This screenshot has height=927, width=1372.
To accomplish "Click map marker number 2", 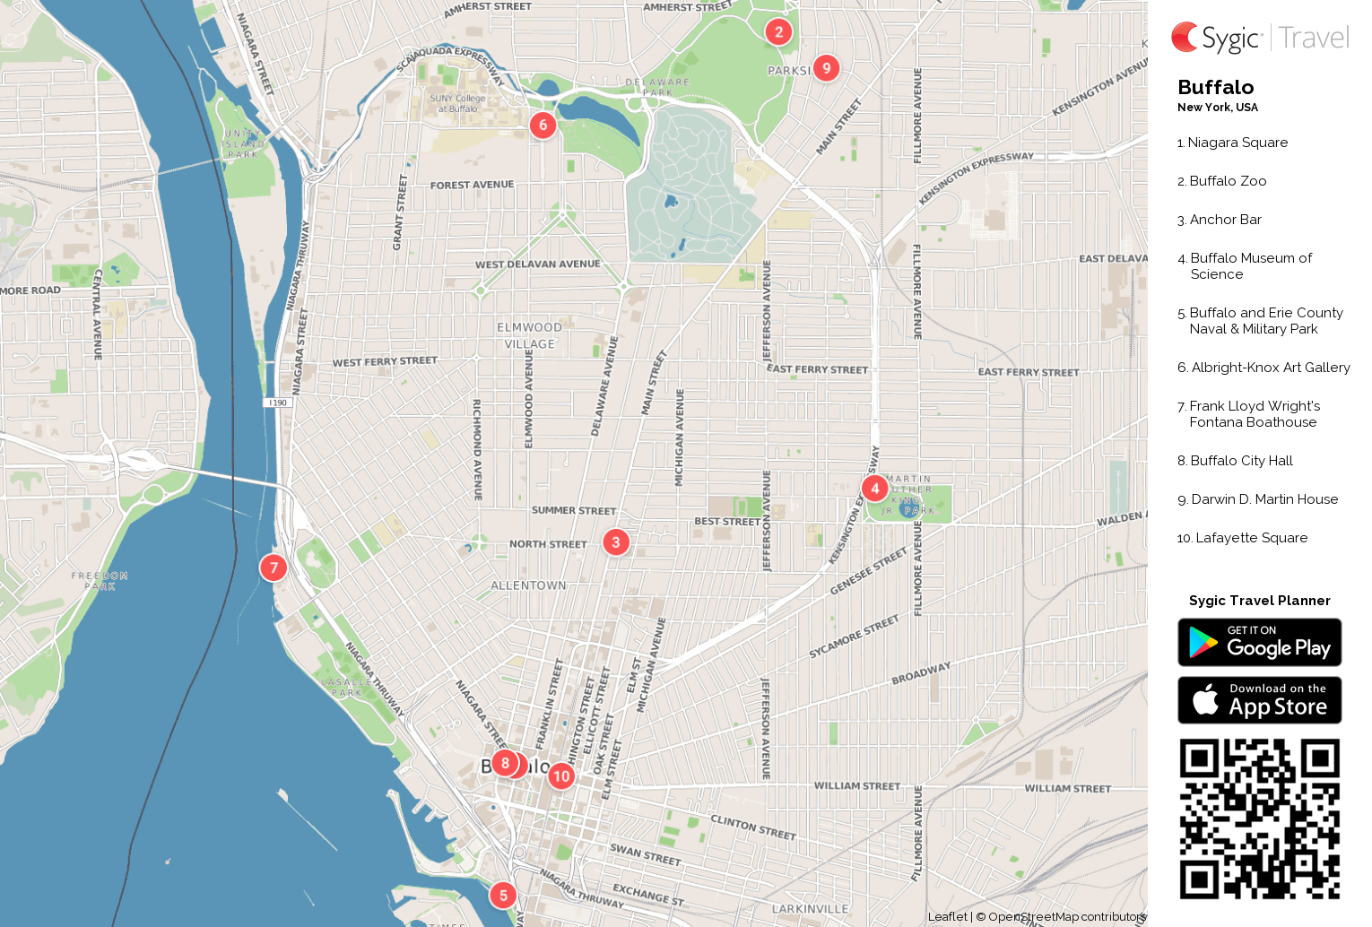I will pyautogui.click(x=778, y=32).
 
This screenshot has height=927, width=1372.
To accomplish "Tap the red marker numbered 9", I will pyautogui.click(x=826, y=68).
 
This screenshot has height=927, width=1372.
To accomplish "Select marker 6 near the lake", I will pyautogui.click(x=543, y=126).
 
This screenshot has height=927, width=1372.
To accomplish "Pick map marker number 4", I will pyautogui.click(x=874, y=489).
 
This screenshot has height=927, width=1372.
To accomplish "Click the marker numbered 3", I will pyautogui.click(x=615, y=542).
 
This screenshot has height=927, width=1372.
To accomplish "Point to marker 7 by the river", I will pyautogui.click(x=274, y=567).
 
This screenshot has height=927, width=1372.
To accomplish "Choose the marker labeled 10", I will pyautogui.click(x=561, y=776).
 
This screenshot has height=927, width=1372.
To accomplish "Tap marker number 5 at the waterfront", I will pyautogui.click(x=503, y=895).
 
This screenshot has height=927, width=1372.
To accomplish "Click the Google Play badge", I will pyautogui.click(x=1259, y=643).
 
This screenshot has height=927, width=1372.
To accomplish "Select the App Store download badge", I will pyautogui.click(x=1259, y=700).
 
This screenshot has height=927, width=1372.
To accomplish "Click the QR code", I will pyautogui.click(x=1259, y=819).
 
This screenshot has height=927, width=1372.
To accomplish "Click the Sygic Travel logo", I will pyautogui.click(x=1259, y=38).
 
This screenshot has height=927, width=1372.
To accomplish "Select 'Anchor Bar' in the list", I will pyautogui.click(x=1225, y=220).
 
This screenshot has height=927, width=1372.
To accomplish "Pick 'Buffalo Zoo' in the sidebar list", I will pyautogui.click(x=1228, y=181).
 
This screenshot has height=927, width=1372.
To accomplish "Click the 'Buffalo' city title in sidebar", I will pyautogui.click(x=1215, y=88).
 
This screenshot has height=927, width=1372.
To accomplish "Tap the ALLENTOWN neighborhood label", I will pyautogui.click(x=528, y=585).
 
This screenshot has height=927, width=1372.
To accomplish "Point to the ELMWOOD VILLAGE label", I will pyautogui.click(x=529, y=335).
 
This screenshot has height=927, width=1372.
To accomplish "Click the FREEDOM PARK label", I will pyautogui.click(x=100, y=581).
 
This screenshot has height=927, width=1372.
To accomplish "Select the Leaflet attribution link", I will pyautogui.click(x=947, y=916).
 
